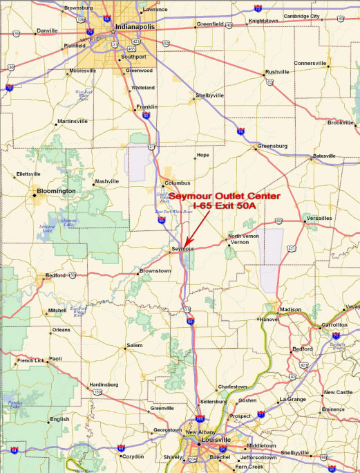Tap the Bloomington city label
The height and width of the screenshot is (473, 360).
pos(56,190)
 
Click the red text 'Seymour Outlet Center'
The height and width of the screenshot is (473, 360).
pos(225,196)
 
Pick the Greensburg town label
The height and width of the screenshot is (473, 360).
pos(272,147)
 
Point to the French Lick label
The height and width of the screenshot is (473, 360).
pos(31,360)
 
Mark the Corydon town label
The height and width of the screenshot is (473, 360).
pos(133,456)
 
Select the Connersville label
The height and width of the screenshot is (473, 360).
pos(310,63)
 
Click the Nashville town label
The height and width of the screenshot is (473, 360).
pos(107,181)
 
